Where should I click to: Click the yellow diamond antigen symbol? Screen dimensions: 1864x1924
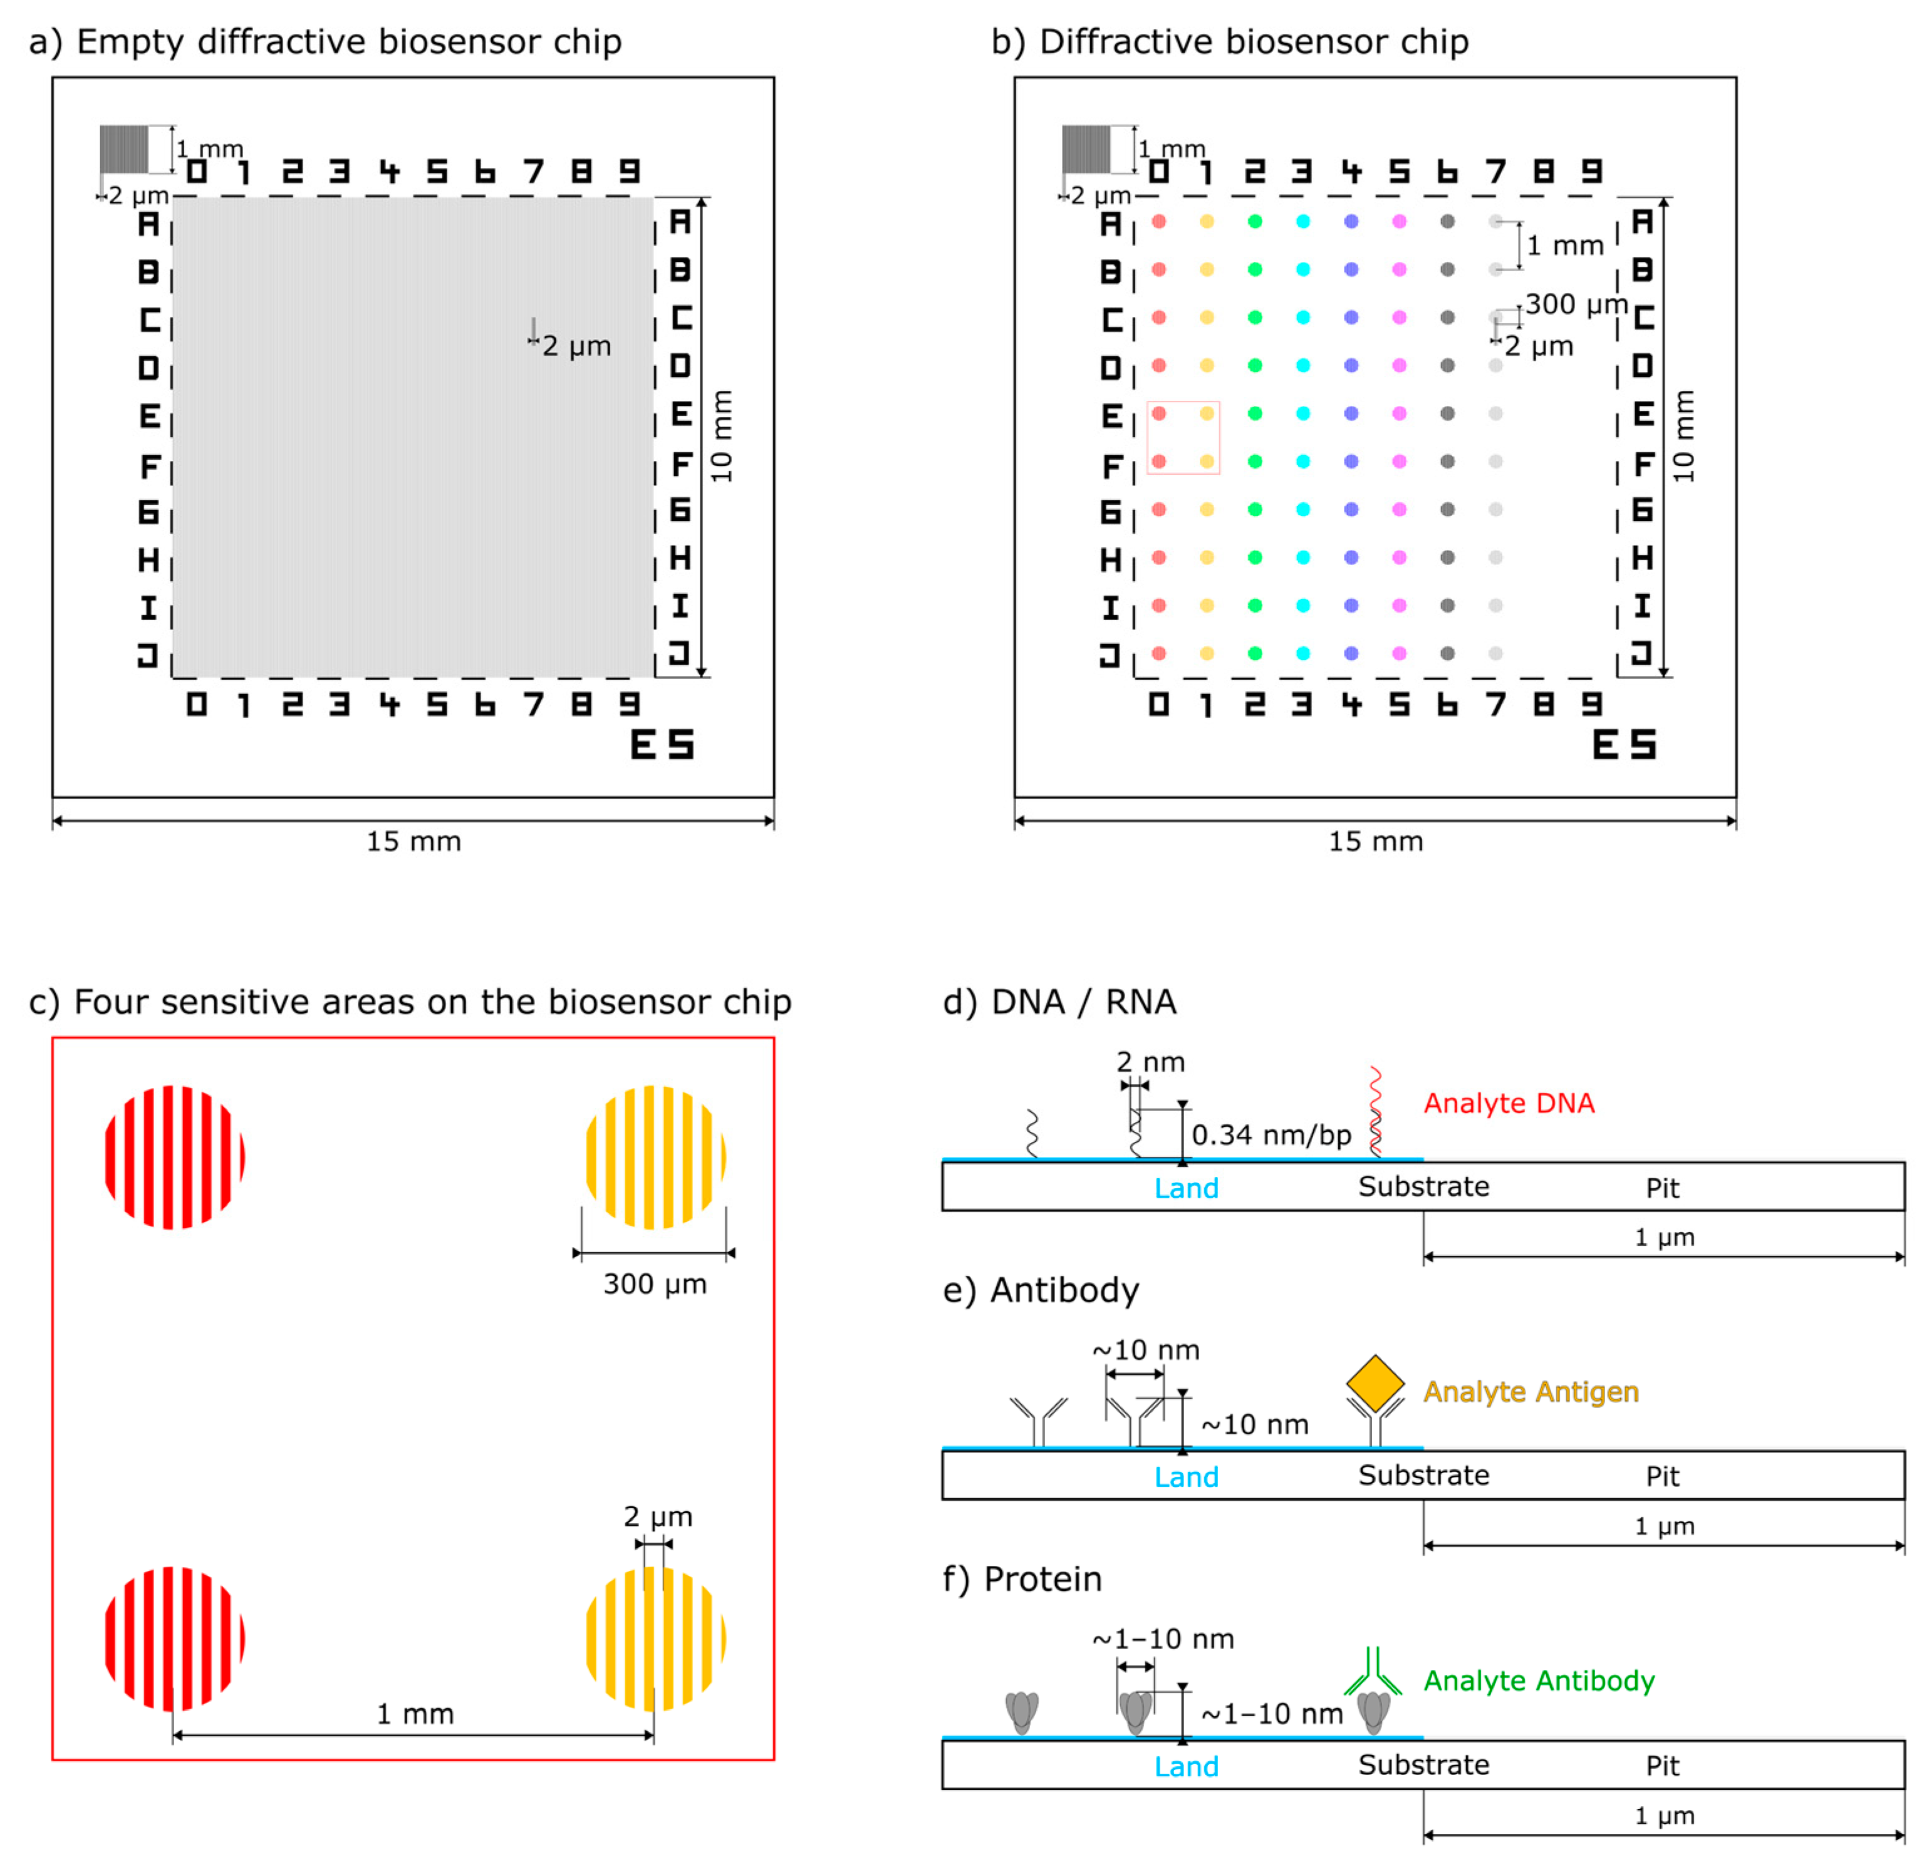[1375, 1383]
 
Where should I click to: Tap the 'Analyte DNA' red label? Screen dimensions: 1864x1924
[1509, 1103]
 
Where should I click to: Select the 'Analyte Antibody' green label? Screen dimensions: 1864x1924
[1538, 1680]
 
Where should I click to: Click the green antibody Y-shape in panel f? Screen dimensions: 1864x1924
[1373, 1672]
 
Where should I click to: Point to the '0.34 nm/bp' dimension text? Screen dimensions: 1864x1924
[1271, 1135]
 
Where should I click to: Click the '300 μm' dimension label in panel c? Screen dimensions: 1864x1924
[655, 1284]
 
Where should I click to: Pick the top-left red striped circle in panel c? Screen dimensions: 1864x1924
[175, 1157]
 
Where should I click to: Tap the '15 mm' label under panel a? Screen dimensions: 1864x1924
[413, 841]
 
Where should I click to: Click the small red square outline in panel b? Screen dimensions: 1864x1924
[1183, 438]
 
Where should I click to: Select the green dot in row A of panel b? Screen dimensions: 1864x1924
[1254, 222]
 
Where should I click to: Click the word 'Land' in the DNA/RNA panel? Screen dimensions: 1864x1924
[1186, 1189]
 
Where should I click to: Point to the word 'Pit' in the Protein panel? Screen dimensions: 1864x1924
[1662, 1766]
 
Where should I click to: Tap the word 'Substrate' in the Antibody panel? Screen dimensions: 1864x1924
[1423, 1475]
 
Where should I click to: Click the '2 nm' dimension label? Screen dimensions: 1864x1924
[1150, 1062]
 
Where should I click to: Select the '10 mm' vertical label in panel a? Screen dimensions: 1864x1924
[722, 437]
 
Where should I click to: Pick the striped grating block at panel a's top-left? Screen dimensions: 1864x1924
[123, 149]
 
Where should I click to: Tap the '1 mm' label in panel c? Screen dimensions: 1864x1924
[415, 1714]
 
